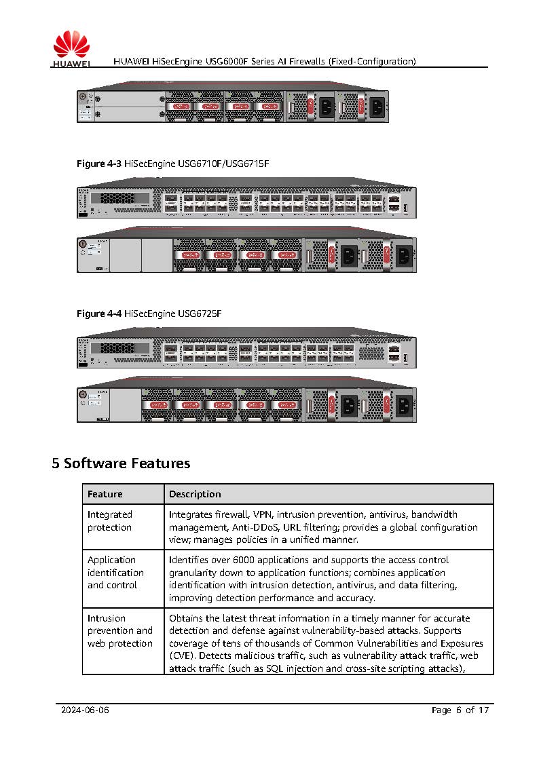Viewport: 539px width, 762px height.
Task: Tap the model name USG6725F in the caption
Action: (x=200, y=313)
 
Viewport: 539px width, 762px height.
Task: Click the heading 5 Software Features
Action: (x=121, y=463)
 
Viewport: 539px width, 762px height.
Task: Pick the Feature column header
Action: (x=105, y=494)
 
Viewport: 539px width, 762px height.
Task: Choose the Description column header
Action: (x=195, y=494)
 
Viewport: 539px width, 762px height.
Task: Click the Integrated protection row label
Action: (x=110, y=521)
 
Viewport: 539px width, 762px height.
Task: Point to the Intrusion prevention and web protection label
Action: (x=119, y=630)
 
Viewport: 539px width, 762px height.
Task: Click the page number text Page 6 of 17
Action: (x=460, y=710)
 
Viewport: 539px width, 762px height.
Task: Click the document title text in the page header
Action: (x=265, y=61)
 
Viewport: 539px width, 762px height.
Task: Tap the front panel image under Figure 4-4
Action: (x=246, y=352)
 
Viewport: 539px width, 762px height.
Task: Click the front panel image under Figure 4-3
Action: (x=246, y=202)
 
